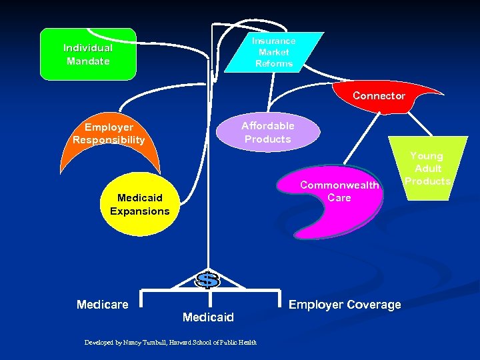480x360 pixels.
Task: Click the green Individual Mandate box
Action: tap(88, 54)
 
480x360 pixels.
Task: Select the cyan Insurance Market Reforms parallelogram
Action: tap(274, 52)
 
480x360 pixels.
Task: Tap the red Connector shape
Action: tap(379, 95)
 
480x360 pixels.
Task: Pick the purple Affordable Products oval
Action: tap(267, 132)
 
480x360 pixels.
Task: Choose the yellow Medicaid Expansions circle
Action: tap(139, 205)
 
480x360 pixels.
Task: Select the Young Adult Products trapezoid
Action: tap(428, 168)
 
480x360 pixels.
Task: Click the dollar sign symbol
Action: tap(208, 280)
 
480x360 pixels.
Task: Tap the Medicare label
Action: tap(102, 305)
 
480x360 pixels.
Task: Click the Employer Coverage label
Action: tap(345, 305)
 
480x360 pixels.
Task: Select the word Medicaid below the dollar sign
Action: tap(208, 317)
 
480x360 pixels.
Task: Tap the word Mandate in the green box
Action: tap(88, 61)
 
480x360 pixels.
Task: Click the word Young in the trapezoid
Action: tap(427, 156)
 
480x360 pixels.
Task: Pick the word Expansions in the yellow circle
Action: tap(140, 211)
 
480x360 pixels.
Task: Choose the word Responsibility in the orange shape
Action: tap(109, 140)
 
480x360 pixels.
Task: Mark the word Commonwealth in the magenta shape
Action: tap(339, 185)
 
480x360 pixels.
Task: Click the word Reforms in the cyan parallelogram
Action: tap(274, 64)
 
